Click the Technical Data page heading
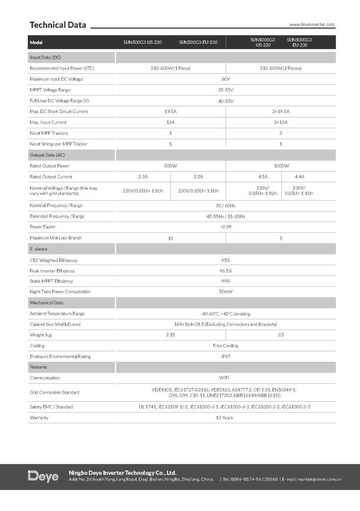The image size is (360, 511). [x=58, y=25]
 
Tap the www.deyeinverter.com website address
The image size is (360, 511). [x=312, y=24]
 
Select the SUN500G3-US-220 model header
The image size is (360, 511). [x=143, y=42]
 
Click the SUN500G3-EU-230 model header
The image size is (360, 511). [x=198, y=42]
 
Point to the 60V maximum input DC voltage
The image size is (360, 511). [x=225, y=79]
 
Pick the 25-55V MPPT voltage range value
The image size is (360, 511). [x=225, y=90]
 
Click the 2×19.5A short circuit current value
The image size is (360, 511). [x=281, y=112]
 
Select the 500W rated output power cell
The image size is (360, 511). [x=171, y=166]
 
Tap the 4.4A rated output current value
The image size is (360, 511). [x=300, y=177]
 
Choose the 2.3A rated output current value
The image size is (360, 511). [x=143, y=177]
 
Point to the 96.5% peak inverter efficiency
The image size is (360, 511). [x=225, y=271]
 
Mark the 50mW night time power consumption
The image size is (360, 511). [x=225, y=291]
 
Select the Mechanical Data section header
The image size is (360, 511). [x=46, y=303]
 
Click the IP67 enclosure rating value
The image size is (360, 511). [x=225, y=356]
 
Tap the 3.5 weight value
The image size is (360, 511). [x=281, y=335]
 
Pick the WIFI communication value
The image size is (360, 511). [x=225, y=378]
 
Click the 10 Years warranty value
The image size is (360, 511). [x=225, y=417]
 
